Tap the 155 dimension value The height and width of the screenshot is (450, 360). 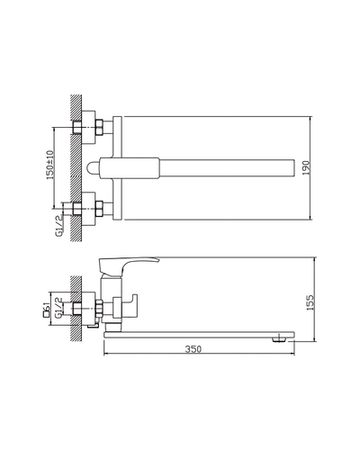[x=310, y=302]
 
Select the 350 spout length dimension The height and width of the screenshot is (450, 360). [x=193, y=349]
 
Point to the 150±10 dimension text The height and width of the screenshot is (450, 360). [x=49, y=165]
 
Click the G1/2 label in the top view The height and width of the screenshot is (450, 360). [x=59, y=226]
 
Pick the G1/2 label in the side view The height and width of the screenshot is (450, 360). [x=58, y=307]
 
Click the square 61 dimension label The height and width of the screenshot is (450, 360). [x=46, y=310]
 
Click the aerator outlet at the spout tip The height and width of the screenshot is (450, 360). [x=279, y=340]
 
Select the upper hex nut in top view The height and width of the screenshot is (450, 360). [x=99, y=127]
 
